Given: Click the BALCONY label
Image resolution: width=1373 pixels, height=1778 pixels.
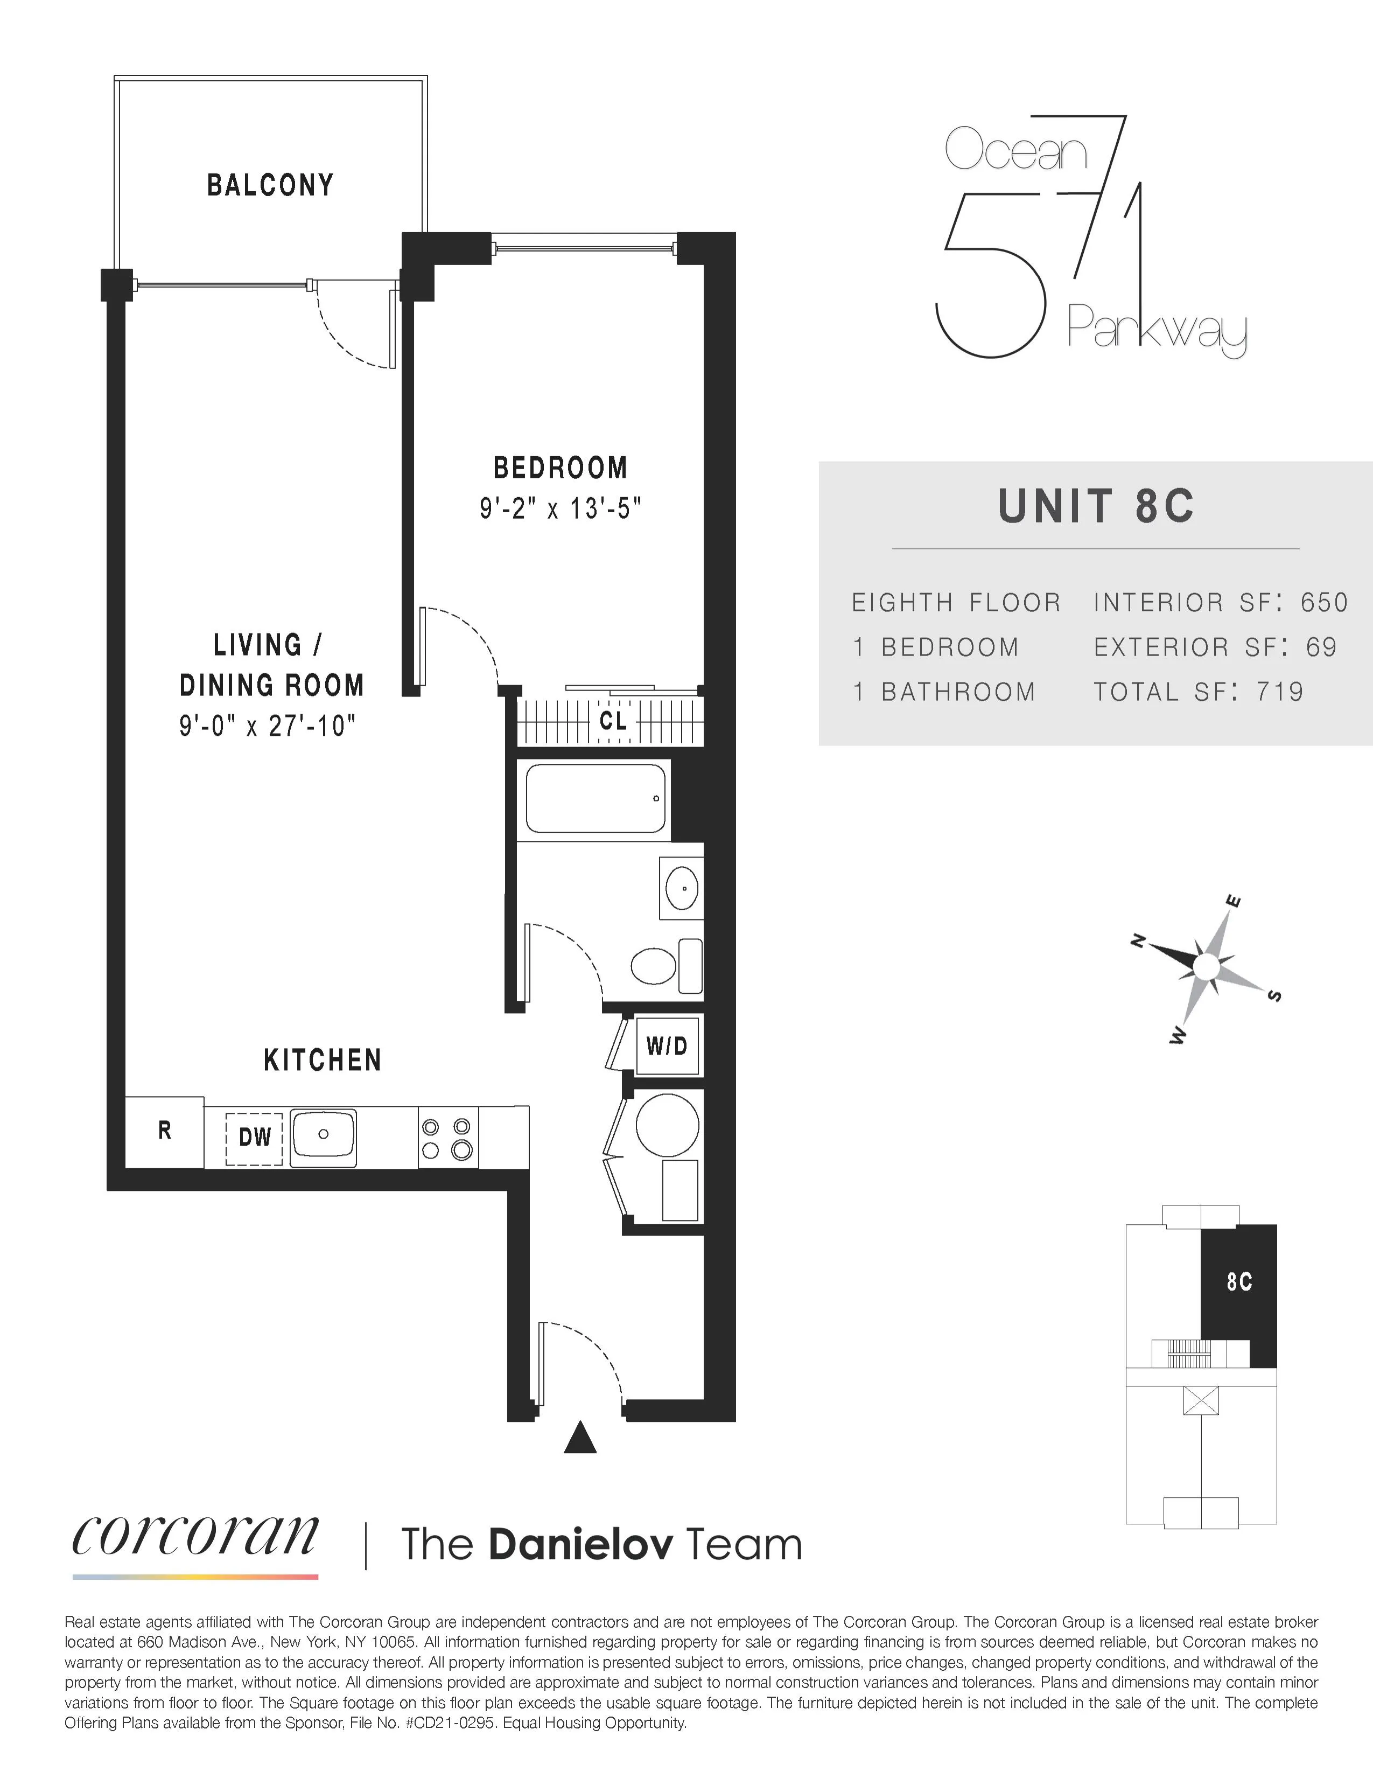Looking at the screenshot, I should pos(270,186).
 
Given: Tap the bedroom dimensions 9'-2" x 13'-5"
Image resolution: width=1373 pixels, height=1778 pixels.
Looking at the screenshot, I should pos(560,510).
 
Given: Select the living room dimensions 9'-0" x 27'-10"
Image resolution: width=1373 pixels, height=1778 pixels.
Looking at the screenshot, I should pos(268,724).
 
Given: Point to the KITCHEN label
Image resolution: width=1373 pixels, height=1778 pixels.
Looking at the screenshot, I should pos(323,1060).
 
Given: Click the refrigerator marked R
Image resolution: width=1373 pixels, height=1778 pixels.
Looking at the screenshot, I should pos(164,1131).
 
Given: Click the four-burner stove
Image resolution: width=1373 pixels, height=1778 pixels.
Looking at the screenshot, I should pos(447,1137).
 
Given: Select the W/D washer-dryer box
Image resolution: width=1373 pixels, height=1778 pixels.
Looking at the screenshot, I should pos(667,1046).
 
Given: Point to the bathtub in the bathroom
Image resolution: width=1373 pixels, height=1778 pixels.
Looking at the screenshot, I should pos(595,798).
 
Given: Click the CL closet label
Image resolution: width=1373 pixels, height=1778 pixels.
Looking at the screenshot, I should pos(613,721).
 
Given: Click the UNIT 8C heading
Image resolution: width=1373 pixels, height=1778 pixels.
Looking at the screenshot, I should pos(1096,506).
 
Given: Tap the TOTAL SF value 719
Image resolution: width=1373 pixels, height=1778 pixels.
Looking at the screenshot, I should pos(1280,692).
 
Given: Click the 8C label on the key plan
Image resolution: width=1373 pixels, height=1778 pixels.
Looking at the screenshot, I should pos(1239,1282).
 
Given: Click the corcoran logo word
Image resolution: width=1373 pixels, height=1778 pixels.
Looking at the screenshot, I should pos(195,1536).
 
